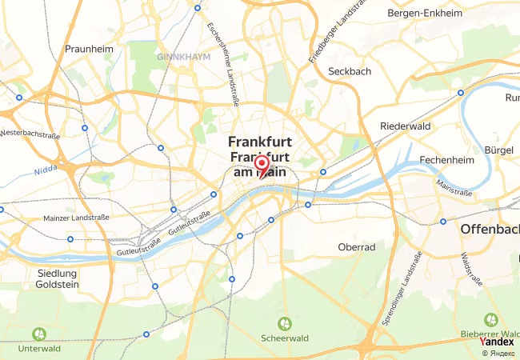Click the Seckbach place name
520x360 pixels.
tap(350, 71)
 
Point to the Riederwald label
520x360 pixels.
tap(406, 126)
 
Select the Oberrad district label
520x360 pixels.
tap(357, 247)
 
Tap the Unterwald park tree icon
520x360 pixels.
tap(38, 334)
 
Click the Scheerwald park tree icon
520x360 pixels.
tap(284, 323)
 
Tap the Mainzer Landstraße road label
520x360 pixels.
tap(70, 216)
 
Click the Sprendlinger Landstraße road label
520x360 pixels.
tap(406, 286)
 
